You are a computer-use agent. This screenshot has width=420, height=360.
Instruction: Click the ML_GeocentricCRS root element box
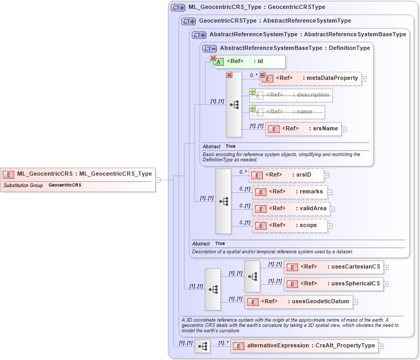tap(78, 174)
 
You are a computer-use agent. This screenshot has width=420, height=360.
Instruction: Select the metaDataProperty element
tap(310, 78)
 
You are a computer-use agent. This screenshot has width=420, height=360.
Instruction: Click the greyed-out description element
tap(292, 95)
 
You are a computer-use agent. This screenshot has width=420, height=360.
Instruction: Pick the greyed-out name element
tap(287, 112)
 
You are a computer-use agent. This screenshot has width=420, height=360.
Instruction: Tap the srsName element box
tap(303, 129)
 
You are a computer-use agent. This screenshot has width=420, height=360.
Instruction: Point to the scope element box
tap(289, 225)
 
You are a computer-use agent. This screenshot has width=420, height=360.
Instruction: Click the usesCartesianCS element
tap(334, 267)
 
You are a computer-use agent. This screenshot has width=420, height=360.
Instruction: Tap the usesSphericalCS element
tap(334, 284)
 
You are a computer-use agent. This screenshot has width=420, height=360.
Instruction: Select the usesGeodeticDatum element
tap(299, 302)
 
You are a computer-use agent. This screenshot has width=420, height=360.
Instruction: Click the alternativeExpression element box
tap(304, 346)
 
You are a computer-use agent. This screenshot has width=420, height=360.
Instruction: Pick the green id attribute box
tap(248, 61)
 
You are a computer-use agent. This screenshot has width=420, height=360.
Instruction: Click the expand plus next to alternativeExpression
tap(381, 346)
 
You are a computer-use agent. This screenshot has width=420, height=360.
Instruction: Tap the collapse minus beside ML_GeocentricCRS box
tap(158, 180)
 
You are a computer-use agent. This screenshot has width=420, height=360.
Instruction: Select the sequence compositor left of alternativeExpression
tap(202, 346)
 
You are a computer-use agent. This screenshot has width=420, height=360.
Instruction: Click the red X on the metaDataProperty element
tap(262, 75)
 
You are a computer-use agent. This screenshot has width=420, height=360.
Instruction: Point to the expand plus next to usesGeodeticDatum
tap(355, 302)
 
